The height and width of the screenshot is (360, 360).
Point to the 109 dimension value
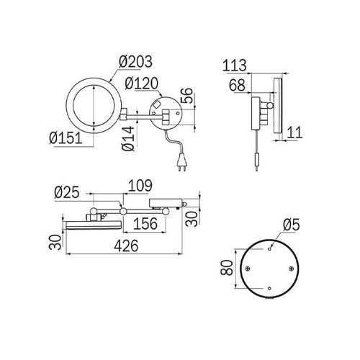click(140, 186)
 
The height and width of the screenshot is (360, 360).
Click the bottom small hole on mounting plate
click(269, 290)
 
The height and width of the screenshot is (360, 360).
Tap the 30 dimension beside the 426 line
click(53, 242)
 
